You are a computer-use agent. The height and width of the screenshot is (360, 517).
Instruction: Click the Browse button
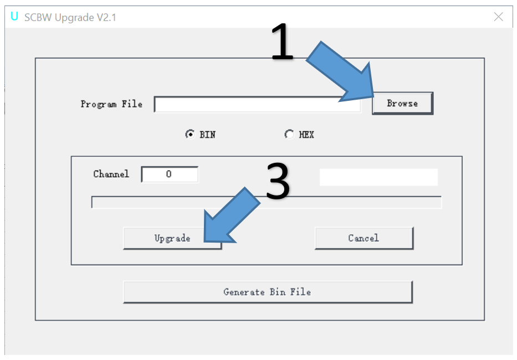(402, 103)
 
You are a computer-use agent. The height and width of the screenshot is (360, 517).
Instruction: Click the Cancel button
(364, 238)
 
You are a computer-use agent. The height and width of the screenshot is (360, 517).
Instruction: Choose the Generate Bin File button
(267, 292)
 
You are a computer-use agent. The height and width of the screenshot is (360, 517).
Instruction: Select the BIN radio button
(190, 134)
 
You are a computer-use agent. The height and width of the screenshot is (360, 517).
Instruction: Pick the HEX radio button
(289, 134)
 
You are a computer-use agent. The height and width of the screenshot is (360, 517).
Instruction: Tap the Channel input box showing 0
(170, 174)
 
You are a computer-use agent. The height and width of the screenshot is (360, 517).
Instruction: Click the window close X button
(498, 17)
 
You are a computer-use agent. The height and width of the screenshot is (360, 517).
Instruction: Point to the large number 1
(282, 43)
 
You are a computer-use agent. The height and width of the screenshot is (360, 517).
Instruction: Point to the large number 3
(278, 182)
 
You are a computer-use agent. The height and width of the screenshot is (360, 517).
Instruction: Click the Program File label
(111, 104)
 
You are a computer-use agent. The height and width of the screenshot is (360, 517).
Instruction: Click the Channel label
(111, 174)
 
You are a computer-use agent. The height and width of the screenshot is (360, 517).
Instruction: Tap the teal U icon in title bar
(14, 17)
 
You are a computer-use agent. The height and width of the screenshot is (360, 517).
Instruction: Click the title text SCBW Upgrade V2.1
(70, 17)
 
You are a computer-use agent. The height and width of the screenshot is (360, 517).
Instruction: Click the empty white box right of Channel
(378, 177)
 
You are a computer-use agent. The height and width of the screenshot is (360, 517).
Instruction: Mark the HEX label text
(306, 135)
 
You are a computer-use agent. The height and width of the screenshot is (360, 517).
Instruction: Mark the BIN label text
(208, 135)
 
